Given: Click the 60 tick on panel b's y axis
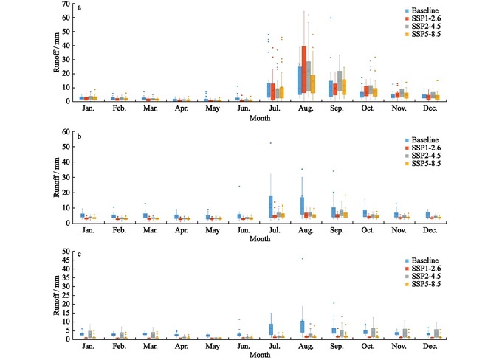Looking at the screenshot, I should pos(71,133).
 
